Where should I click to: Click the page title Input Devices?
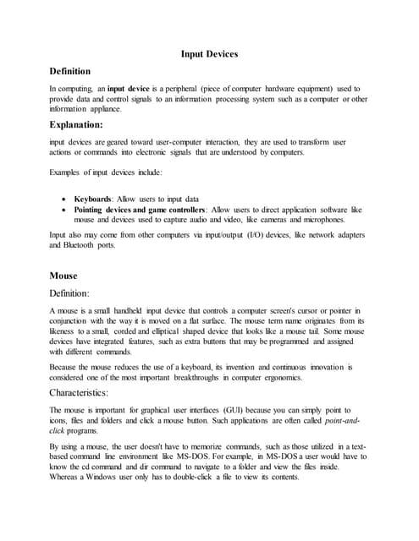[209, 54]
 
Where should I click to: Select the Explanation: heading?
[80, 124]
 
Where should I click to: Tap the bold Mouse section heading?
[63, 276]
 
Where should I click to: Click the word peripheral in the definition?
[179, 89]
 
